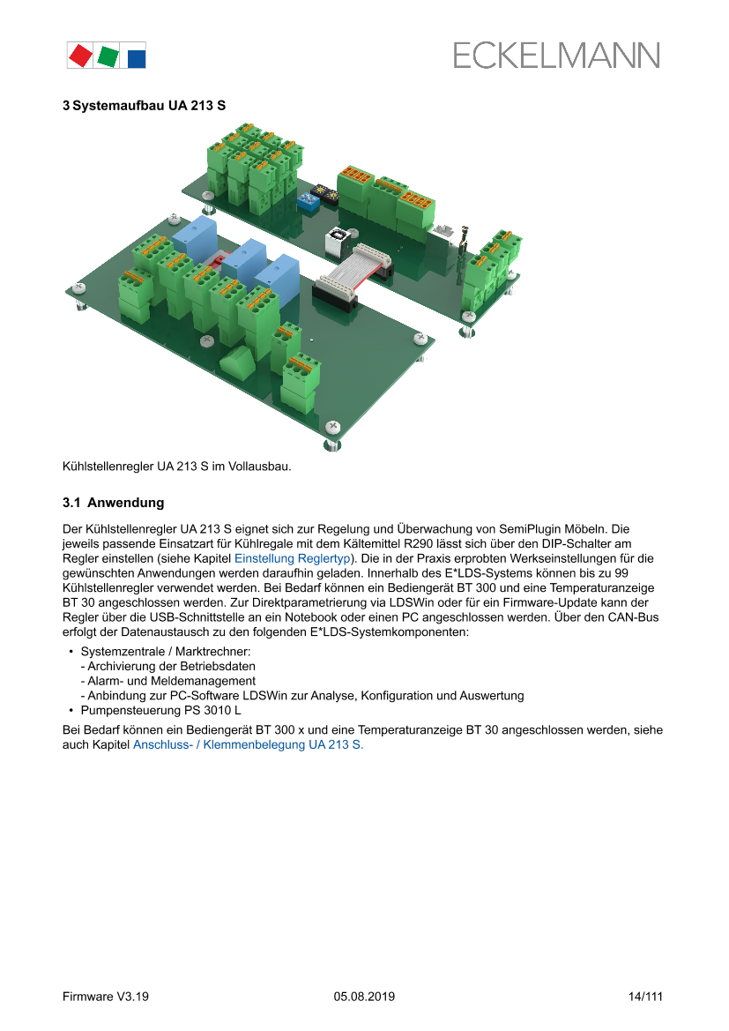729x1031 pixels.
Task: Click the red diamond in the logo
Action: tap(81, 56)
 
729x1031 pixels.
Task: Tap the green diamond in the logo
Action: tap(108, 56)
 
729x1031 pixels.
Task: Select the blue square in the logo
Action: tap(136, 58)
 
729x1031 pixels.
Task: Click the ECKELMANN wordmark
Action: tap(556, 56)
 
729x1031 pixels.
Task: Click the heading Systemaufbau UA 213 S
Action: tap(145, 105)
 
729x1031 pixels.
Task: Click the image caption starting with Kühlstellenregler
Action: tap(176, 466)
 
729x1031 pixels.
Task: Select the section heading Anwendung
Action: tap(125, 503)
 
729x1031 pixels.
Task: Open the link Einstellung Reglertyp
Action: tap(292, 558)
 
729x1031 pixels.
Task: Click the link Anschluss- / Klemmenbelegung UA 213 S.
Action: tap(248, 744)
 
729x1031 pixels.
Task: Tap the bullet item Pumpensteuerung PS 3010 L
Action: tap(160, 710)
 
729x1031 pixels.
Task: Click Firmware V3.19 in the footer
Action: tap(106, 997)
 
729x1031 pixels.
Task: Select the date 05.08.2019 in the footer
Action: tap(364, 997)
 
